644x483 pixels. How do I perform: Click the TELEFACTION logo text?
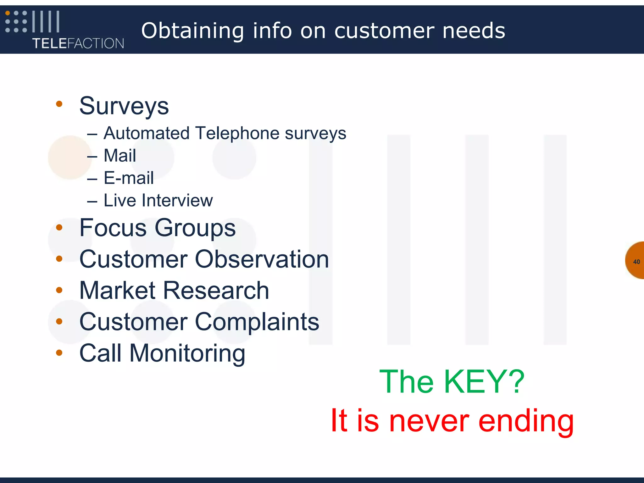point(78,43)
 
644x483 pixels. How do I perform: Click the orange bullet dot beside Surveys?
point(59,104)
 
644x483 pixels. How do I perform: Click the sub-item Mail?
point(120,156)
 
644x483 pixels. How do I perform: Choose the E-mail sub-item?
point(129,178)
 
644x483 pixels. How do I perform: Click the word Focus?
point(113,228)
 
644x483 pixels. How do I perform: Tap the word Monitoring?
point(187,353)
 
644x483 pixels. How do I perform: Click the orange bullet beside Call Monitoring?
point(59,353)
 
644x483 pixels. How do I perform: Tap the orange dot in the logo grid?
point(8,13)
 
